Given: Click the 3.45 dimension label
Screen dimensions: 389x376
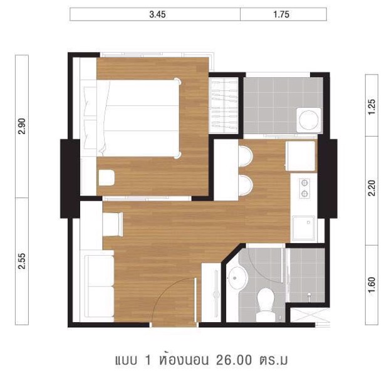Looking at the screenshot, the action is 157,14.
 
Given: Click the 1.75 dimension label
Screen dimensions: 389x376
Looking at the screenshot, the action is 281,14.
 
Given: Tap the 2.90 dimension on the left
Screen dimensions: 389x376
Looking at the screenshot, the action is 22,126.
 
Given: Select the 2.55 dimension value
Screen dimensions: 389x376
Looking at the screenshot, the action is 22,261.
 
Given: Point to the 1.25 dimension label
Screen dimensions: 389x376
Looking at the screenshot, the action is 371,107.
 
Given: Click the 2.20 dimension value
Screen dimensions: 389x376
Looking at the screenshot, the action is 371,188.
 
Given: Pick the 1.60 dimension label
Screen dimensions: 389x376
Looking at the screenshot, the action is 371,285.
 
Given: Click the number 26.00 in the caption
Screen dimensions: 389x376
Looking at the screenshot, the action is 234,360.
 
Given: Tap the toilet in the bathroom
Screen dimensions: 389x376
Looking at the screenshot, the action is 266,304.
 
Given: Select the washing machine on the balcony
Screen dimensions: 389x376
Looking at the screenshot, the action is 309,120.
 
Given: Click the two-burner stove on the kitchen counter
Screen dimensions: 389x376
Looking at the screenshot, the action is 304,189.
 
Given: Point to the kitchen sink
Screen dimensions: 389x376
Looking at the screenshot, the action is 304,228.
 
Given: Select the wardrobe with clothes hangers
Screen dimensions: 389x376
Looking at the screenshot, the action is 223,105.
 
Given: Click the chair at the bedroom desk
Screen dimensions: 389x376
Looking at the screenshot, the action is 106,177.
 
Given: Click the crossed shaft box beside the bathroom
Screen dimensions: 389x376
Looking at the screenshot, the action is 310,315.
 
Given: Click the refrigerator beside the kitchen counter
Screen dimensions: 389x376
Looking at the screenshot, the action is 301,156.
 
